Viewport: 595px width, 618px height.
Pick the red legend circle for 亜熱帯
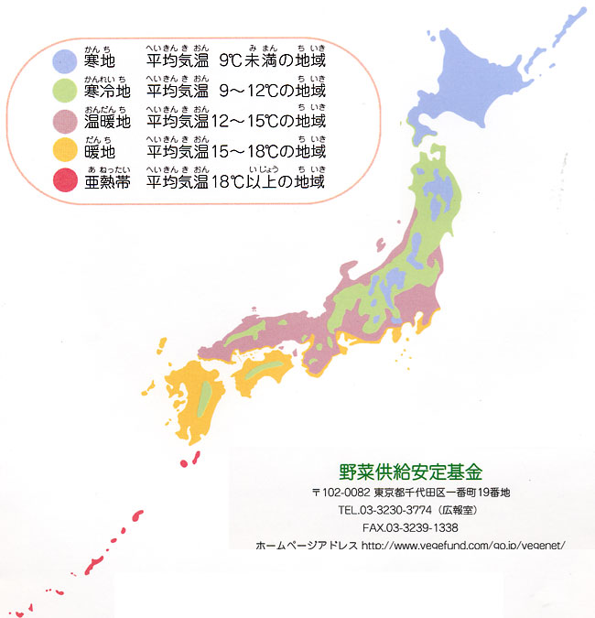click(63, 180)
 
